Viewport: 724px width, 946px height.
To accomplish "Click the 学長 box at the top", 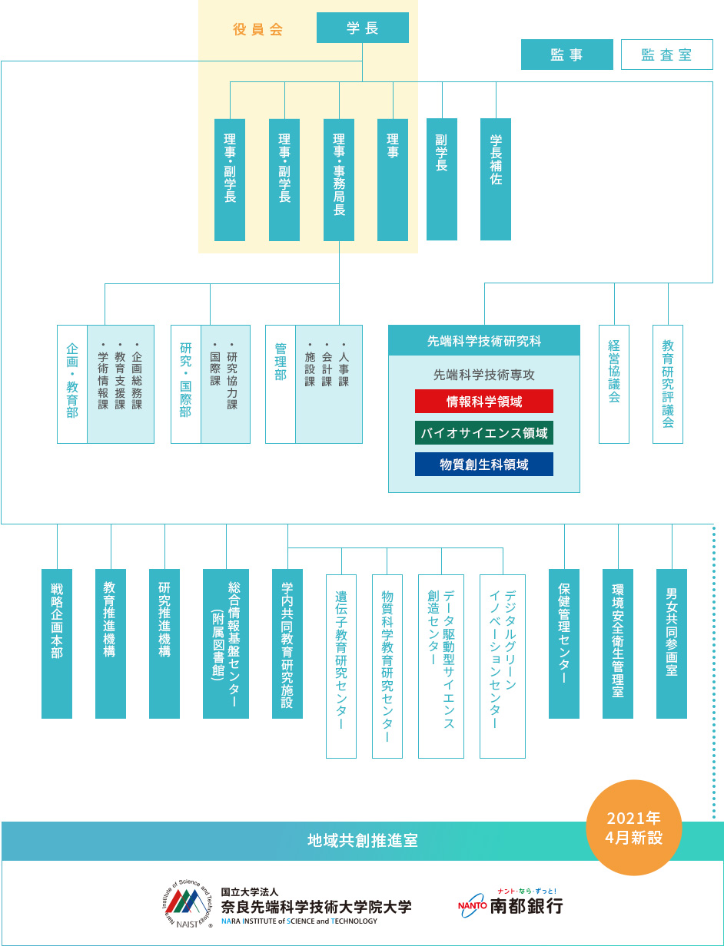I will (362, 28).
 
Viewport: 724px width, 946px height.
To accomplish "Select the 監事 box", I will (566, 55).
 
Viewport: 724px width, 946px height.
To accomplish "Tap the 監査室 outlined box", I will (666, 55).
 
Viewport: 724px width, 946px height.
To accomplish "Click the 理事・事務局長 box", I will (339, 179).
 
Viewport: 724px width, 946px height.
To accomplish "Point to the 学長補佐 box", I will (496, 179).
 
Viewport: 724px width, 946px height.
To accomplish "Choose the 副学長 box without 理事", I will (441, 179).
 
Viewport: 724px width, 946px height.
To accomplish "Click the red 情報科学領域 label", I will (483, 402).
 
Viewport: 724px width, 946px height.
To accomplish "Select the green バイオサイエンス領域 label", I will (483, 433).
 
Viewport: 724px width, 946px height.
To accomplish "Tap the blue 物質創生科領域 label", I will (483, 465).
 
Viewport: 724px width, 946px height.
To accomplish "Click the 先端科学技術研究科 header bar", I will (483, 340).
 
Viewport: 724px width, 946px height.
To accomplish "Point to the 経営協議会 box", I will (613, 384).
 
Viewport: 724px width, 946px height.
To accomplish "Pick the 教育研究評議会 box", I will (667, 384).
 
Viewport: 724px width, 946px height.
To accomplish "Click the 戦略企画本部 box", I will (57, 643).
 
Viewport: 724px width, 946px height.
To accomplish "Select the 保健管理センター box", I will (564, 643).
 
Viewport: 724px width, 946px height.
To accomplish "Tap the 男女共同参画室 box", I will (672, 643).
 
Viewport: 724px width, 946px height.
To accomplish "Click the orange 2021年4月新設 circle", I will (634, 827).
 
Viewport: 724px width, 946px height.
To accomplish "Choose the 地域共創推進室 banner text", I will (362, 840).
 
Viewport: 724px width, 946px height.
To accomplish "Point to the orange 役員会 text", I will (258, 30).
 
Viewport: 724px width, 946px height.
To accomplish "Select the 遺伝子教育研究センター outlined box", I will (341, 666).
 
